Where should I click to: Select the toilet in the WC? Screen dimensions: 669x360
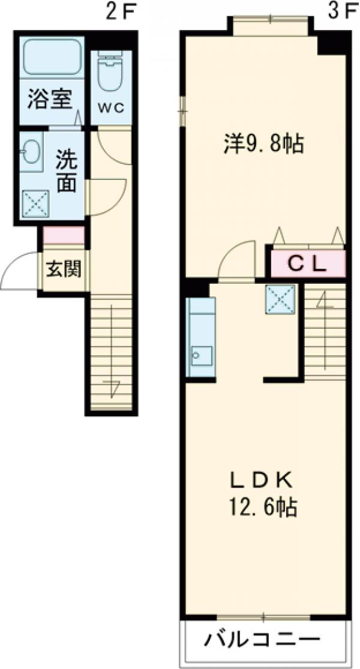point(111,71)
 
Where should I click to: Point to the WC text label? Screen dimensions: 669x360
point(111,108)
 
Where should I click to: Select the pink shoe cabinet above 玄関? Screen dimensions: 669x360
point(64,236)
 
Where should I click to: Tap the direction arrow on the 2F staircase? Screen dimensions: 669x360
point(112,388)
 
